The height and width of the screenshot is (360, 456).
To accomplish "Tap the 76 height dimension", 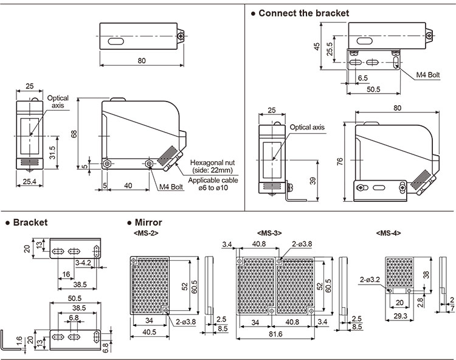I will click(340, 161).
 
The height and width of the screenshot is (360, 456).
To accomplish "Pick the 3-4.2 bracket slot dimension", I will click(84, 263).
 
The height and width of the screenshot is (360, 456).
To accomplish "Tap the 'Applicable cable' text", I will click(213, 181).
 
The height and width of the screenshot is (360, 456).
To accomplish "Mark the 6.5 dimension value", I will click(363, 78).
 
